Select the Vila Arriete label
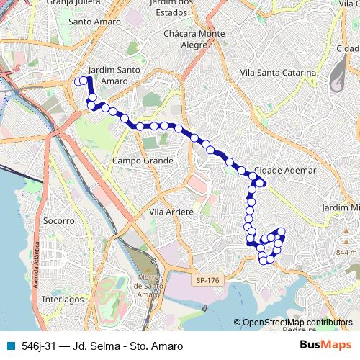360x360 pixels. pos(171,212)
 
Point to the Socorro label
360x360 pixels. pos(59,220)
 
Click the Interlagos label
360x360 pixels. pos(63,298)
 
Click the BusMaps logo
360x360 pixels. pos(325,346)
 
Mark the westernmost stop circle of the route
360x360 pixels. pos(78,82)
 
